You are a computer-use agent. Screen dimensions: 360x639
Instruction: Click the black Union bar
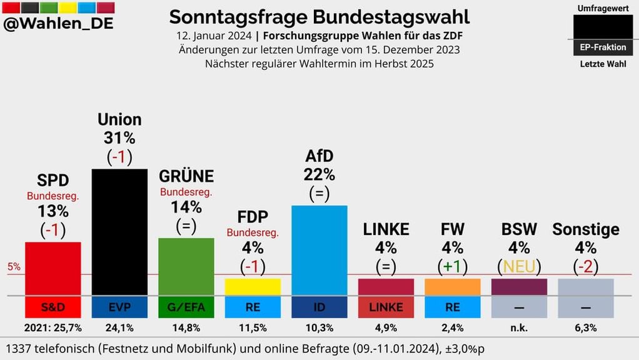119,231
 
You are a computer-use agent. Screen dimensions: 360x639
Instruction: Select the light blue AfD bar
319,250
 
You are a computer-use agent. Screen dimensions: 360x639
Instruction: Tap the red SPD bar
53,268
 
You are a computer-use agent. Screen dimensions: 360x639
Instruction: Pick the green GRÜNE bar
186,266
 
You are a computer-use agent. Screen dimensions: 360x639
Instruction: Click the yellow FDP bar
253,287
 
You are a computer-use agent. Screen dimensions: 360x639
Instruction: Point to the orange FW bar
452,287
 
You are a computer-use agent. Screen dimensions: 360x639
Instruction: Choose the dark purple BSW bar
519,287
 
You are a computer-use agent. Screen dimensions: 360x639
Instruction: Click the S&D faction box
53,307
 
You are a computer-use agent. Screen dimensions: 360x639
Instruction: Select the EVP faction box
119,307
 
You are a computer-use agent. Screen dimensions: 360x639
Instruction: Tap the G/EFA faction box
186,307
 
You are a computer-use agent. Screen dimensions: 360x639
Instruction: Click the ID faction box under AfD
319,307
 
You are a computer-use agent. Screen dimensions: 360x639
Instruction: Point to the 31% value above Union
119,138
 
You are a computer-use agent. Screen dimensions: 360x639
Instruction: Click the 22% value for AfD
319,174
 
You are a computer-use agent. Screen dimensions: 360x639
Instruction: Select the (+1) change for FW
452,267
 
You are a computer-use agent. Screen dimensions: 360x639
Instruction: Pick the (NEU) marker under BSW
519,267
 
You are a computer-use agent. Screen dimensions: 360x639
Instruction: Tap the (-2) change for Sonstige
586,267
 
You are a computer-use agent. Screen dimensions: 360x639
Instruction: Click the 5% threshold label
14,267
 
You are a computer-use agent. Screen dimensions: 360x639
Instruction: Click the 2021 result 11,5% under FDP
253,327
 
